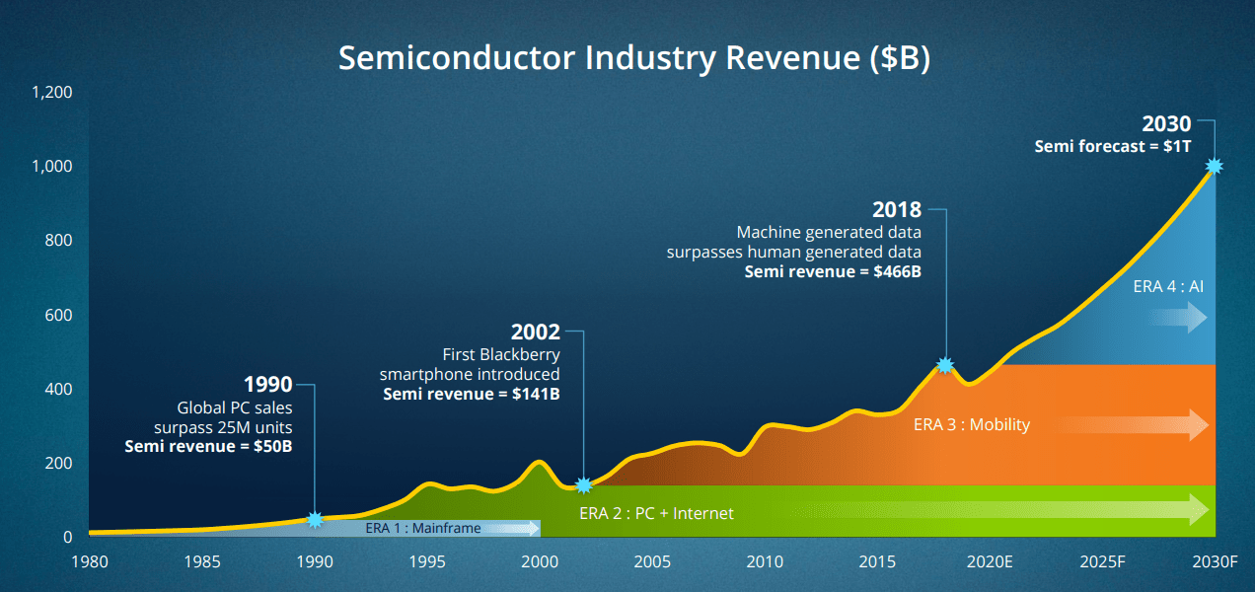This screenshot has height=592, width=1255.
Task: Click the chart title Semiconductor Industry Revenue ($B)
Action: point(634,57)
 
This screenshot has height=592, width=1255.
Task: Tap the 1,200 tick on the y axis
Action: point(52,93)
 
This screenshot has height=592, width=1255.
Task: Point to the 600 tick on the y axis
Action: point(60,316)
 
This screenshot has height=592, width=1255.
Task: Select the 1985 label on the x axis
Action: point(201,562)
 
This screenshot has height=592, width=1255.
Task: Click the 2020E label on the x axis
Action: point(990,562)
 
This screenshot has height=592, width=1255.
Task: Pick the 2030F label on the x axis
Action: point(1215,562)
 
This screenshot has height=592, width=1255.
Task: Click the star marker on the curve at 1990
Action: point(315,519)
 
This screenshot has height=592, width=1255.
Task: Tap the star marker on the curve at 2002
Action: point(584,484)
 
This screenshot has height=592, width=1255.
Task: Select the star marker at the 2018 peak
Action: point(945,365)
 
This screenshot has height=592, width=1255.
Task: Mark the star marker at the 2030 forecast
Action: point(1215,167)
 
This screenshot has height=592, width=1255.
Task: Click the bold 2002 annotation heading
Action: point(536,333)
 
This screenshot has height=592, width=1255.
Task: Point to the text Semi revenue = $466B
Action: point(833,271)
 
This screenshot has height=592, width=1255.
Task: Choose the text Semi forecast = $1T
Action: point(1113,146)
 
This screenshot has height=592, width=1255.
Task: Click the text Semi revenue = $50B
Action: point(208,446)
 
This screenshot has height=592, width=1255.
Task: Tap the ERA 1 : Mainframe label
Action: point(423,528)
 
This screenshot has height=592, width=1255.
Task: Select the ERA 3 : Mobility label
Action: point(972,424)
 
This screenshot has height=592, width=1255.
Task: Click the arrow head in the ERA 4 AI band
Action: point(1197,318)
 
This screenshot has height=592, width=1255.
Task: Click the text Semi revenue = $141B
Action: point(471,395)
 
